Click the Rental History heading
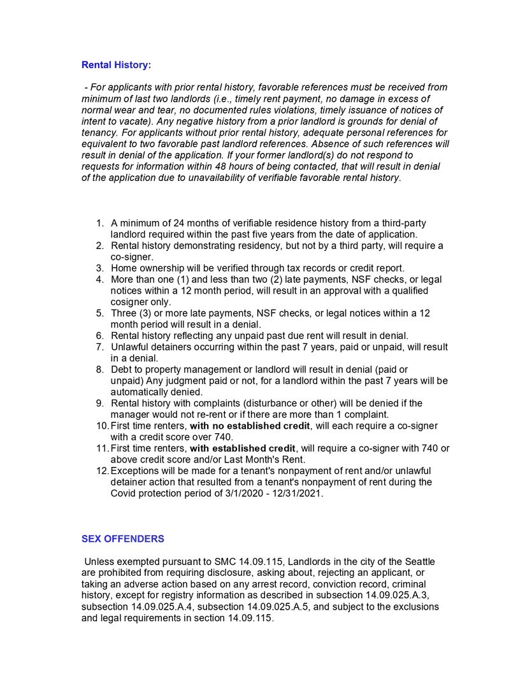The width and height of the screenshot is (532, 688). (115, 65)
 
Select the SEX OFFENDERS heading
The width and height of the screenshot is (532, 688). (122, 539)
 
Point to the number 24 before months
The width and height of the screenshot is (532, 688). (175, 223)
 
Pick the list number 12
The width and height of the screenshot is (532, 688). (102, 471)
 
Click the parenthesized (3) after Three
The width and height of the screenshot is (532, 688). (146, 313)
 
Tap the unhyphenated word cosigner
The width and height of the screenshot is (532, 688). (129, 302)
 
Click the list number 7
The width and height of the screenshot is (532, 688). (100, 347)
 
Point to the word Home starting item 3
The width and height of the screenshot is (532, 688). (124, 268)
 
